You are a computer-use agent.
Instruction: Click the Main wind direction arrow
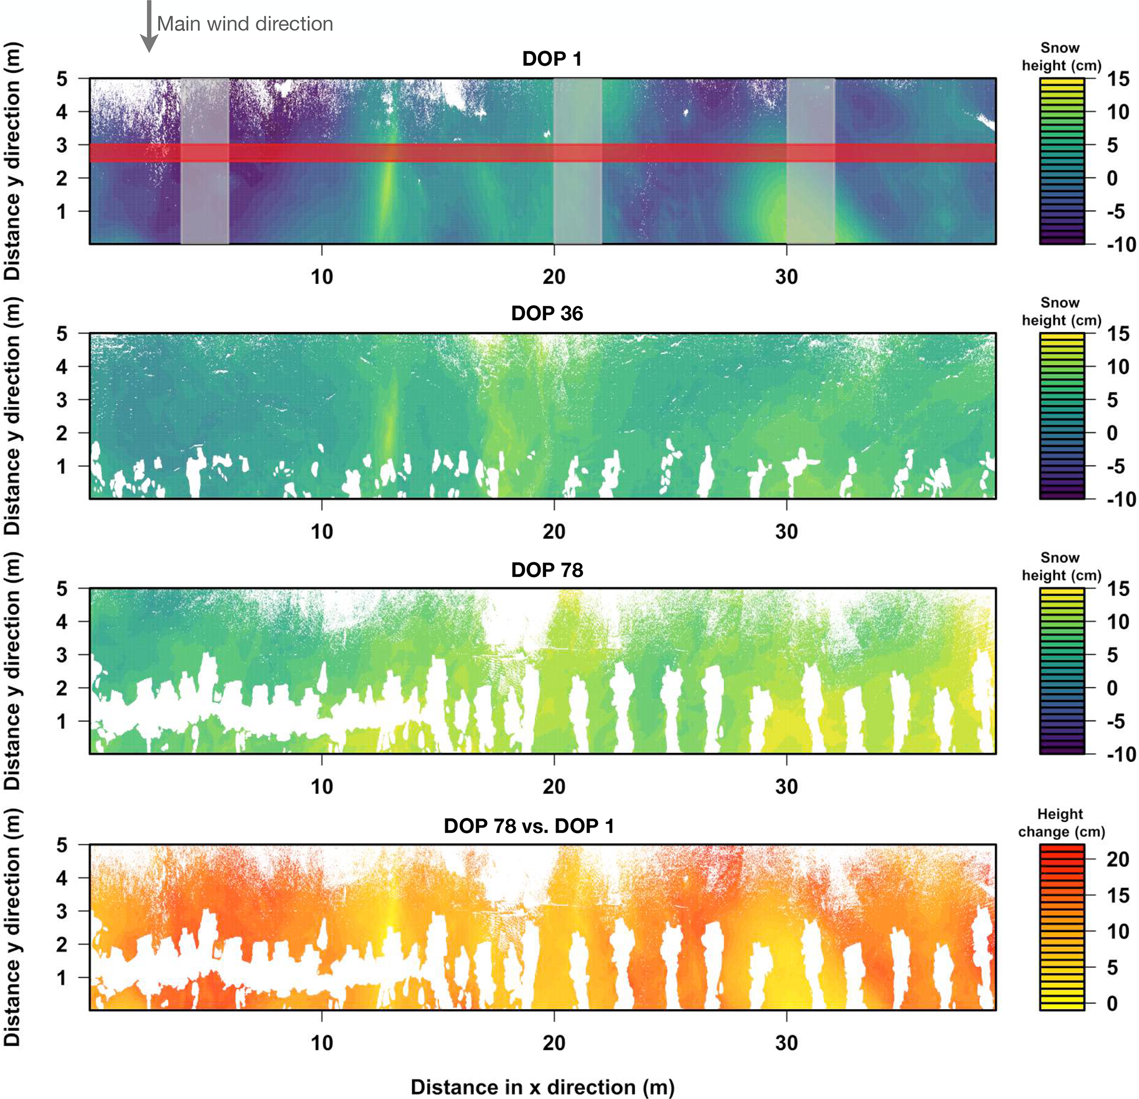coord(149,26)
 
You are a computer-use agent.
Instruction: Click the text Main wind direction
coord(245,24)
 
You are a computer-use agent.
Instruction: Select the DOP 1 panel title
coord(552,59)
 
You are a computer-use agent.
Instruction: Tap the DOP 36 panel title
coord(547,314)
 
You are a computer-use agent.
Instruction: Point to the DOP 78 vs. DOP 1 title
coord(529,826)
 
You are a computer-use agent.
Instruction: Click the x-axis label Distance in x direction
coord(542,1087)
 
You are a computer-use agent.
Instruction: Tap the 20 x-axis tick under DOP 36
coord(554,531)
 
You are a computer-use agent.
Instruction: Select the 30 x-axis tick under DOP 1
coord(786,277)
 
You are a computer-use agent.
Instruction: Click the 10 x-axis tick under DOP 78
coord(322,787)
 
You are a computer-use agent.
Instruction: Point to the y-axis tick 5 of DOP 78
coord(62,589)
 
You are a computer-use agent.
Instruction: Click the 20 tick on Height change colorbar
coord(1117,859)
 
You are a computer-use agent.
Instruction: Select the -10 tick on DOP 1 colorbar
coord(1120,245)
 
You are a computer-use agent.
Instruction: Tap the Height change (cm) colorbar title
coord(1061,822)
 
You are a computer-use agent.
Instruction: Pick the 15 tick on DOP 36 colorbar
coord(1118,333)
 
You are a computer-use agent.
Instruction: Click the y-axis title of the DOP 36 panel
coord(13,416)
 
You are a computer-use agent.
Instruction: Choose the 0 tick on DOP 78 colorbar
coord(1111,688)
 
